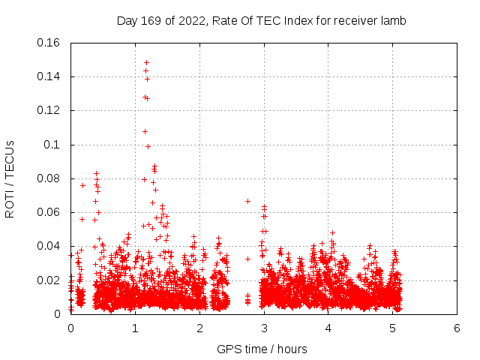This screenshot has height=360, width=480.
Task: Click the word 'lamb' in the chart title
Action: tap(392, 21)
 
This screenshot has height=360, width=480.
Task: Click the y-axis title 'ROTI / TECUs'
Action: tap(10, 178)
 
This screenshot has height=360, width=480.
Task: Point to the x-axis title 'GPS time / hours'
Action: tap(262, 349)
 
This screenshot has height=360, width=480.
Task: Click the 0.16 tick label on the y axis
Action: tap(49, 43)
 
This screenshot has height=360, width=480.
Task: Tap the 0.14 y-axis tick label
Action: tap(49, 76)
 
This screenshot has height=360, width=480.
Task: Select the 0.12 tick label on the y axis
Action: tap(49, 110)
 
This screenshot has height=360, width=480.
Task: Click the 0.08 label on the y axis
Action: tap(49, 178)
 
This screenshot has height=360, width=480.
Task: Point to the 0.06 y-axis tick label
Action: tap(49, 212)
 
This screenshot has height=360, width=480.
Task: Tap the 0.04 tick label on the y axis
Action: tap(49, 246)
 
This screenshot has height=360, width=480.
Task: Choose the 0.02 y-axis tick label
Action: tap(49, 280)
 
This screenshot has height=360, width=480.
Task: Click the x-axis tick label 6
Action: tap(457, 328)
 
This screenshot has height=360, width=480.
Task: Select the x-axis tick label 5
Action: tap(392, 328)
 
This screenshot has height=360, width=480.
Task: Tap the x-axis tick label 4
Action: tap(328, 328)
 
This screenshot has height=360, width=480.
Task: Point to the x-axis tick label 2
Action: tap(199, 328)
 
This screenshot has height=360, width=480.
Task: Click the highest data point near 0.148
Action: tap(146, 62)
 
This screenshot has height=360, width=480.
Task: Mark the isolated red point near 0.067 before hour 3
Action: tap(247, 201)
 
